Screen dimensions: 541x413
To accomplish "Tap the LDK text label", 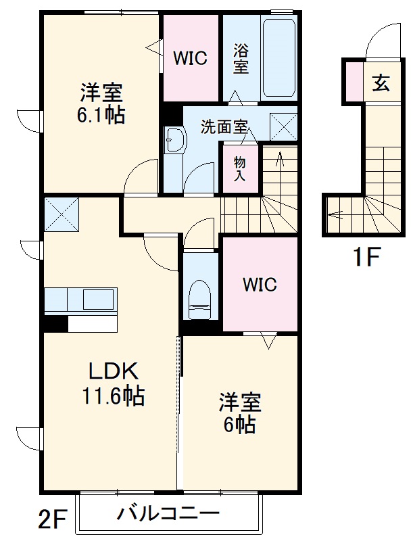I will [114, 371].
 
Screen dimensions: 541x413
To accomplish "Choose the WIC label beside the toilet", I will [260, 285].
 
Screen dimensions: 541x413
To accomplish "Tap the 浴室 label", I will [241, 58].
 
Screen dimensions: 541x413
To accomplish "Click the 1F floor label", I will [366, 258].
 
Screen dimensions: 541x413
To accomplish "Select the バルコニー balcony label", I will [168, 514].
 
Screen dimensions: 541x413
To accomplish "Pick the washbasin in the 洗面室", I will [174, 141].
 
